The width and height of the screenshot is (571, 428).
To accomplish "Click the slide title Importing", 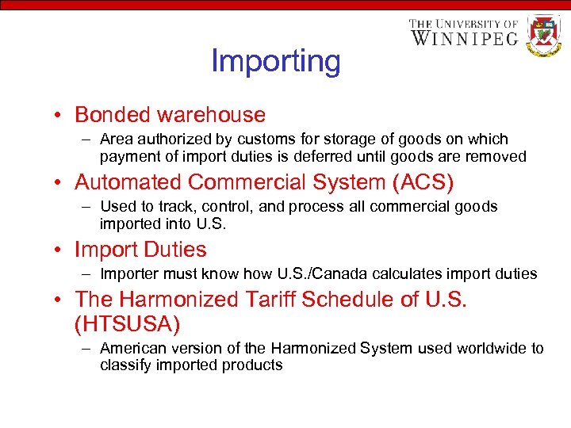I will coord(275,61).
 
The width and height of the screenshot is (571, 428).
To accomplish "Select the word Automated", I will coord(128,182).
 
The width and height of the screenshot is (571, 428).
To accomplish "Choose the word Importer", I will coord(128,274).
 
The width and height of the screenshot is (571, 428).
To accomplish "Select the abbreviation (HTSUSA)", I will coord(128,323).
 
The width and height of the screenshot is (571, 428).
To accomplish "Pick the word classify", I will coord(124,365).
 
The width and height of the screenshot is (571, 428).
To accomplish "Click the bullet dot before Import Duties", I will coord(60,250).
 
